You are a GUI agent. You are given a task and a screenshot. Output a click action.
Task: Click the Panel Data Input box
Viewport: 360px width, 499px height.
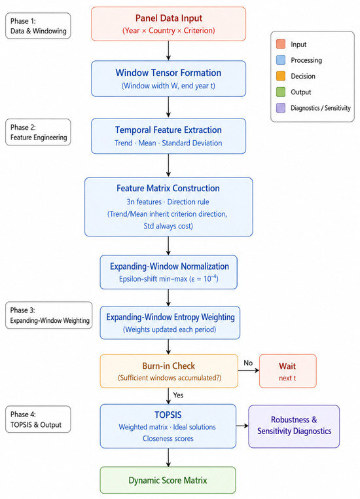(x=168, y=24)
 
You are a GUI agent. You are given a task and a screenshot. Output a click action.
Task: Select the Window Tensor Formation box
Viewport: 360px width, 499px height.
(x=168, y=79)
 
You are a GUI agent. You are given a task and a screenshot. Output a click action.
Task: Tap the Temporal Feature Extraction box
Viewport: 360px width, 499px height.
(x=168, y=136)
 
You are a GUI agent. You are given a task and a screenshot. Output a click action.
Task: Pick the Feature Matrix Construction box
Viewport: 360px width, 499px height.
(x=168, y=207)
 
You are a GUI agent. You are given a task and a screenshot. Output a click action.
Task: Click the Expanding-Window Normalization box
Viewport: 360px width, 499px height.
(x=168, y=272)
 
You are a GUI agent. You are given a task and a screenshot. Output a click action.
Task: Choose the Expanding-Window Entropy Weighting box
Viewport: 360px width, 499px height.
(x=170, y=323)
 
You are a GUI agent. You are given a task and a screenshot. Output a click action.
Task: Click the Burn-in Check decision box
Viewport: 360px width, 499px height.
(x=169, y=371)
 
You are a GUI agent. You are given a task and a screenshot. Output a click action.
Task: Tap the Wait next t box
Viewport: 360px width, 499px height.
(x=287, y=371)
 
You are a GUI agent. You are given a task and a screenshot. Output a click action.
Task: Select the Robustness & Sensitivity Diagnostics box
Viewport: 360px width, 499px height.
(x=294, y=426)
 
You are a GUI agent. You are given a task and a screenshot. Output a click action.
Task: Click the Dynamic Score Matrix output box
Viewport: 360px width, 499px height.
(x=168, y=480)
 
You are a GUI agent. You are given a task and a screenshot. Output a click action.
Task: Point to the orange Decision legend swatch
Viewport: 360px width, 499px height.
(x=281, y=76)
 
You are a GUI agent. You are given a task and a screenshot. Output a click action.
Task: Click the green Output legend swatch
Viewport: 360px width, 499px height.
(x=281, y=92)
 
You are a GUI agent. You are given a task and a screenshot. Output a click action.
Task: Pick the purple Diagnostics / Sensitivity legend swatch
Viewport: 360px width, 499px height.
(x=281, y=108)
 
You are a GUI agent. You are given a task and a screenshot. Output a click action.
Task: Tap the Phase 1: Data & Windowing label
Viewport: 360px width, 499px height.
(x=38, y=26)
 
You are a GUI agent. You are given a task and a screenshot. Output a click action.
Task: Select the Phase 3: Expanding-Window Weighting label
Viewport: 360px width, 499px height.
(x=49, y=315)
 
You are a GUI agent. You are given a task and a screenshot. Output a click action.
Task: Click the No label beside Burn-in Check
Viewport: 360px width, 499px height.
(x=248, y=363)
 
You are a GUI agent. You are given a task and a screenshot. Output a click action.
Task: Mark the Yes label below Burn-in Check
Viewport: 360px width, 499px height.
(x=178, y=395)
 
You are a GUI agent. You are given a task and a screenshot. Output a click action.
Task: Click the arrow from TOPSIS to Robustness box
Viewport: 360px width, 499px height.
(x=242, y=426)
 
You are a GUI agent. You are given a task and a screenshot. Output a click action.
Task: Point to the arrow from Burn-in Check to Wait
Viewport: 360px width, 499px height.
(x=248, y=371)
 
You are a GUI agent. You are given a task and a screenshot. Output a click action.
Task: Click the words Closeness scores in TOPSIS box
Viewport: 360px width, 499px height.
(x=168, y=439)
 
